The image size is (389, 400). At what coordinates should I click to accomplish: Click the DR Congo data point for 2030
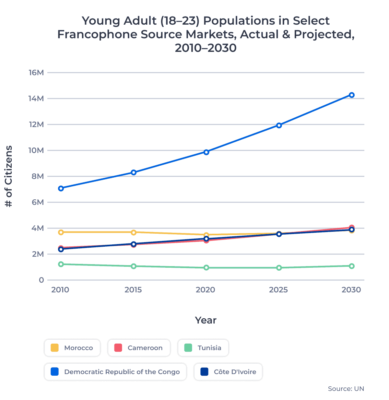pos(351,95)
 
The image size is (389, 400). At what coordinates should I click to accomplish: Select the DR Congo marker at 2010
pos(61,188)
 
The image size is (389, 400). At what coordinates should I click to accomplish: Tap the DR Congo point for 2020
pos(206,152)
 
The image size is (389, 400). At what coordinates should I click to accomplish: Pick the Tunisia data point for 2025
pos(279,268)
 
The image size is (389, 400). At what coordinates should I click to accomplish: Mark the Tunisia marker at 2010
pos(61,264)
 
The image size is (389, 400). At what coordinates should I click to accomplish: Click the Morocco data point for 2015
pos(134,232)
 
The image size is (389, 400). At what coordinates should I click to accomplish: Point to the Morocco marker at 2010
pos(61,232)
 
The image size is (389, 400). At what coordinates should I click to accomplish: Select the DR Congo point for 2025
pos(279,125)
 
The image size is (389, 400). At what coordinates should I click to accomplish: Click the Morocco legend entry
pos(72,348)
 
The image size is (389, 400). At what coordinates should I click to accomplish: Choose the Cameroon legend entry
pos(139,348)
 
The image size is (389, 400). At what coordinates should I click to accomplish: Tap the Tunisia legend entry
pos(203,348)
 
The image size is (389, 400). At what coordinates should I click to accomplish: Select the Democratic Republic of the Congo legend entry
pos(115,372)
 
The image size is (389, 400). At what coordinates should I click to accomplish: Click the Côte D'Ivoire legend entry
pos(228,372)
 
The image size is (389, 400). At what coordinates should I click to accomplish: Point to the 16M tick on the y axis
pos(36,73)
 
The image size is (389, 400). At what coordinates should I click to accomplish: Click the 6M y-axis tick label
pos(37,202)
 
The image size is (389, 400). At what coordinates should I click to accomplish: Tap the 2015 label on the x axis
pos(133,290)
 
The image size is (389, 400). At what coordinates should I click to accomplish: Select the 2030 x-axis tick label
pos(351,290)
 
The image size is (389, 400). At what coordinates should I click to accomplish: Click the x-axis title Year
pos(206,320)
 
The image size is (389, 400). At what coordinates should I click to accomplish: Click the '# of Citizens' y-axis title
pos(9,176)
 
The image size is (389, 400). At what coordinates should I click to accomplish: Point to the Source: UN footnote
pos(346,389)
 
